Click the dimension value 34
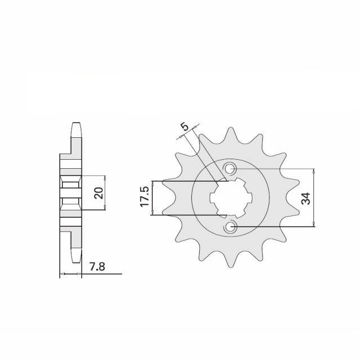(x=306, y=198)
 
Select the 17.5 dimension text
(x=144, y=197)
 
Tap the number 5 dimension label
(x=184, y=128)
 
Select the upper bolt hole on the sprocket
(x=231, y=169)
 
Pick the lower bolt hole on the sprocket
(x=231, y=227)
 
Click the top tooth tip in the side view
(x=75, y=127)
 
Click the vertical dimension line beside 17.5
(x=152, y=197)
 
